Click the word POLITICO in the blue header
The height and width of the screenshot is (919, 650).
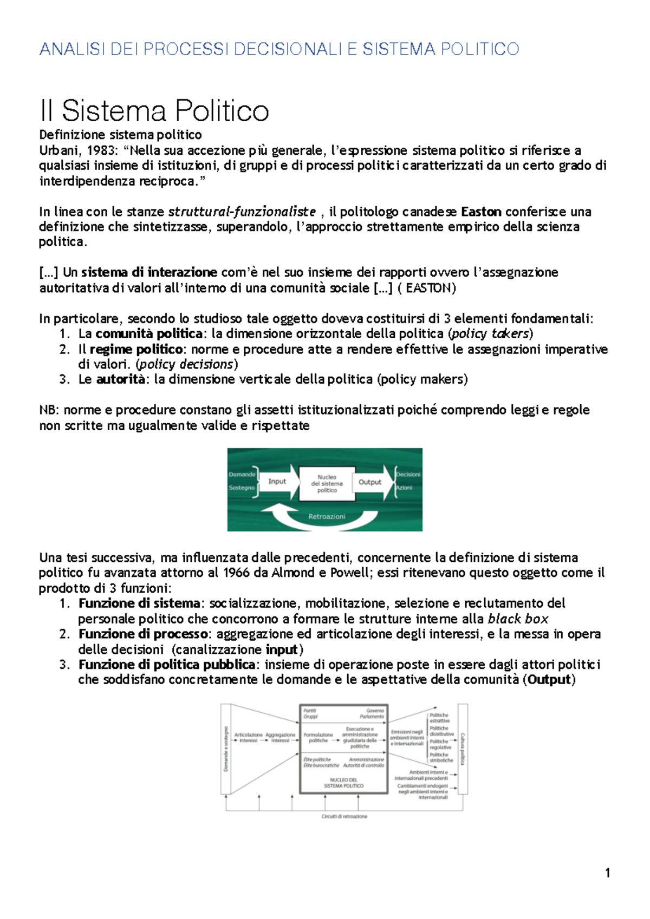[x=479, y=49]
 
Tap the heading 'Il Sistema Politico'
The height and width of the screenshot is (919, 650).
[x=154, y=111]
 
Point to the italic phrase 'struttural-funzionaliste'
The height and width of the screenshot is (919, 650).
[x=242, y=212]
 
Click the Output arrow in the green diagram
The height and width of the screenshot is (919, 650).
[x=370, y=482]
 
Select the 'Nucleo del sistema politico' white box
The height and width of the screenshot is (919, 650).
[x=327, y=483]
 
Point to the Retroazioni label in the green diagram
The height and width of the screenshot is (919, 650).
[x=327, y=516]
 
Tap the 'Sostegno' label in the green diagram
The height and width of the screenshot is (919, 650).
[x=242, y=488]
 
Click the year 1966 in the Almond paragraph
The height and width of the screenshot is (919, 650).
[x=236, y=573]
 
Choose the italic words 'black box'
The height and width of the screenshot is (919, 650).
[x=518, y=619]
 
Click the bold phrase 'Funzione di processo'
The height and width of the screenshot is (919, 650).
[x=143, y=634]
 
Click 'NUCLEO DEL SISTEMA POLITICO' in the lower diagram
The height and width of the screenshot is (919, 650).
[x=343, y=783]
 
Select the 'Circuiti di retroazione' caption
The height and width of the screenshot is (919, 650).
[x=344, y=816]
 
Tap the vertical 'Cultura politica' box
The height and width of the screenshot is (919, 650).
[x=463, y=749]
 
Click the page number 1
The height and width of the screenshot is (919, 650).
[x=607, y=872]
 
